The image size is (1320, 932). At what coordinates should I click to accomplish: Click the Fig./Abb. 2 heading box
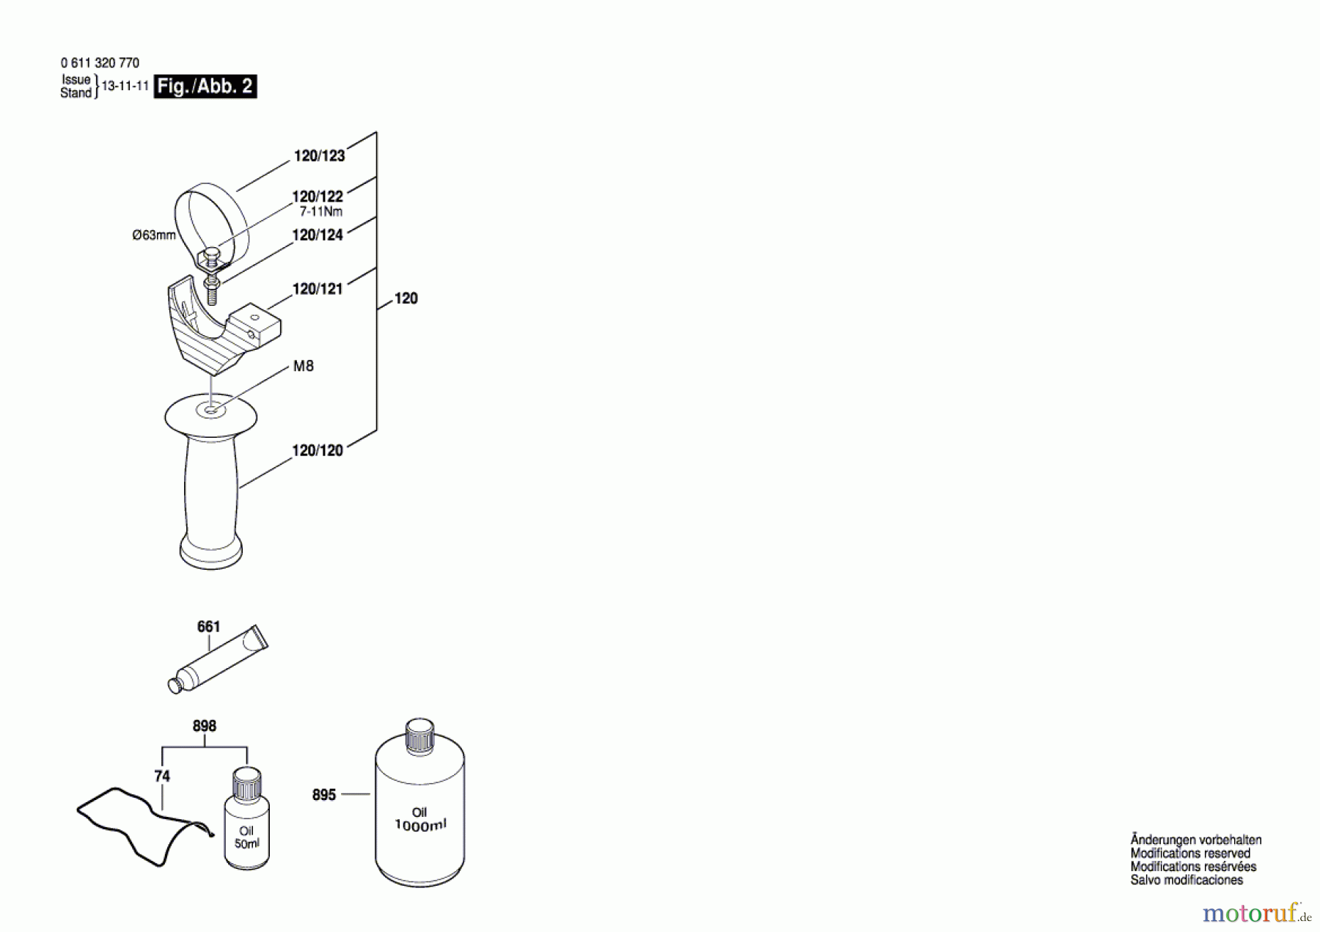click(205, 87)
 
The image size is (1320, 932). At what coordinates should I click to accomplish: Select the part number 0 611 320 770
click(100, 63)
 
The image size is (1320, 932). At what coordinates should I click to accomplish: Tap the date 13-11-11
click(125, 86)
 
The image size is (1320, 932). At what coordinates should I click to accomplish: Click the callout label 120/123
click(319, 155)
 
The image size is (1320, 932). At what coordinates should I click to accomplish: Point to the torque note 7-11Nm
click(320, 212)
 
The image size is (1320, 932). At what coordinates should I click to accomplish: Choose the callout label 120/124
click(318, 235)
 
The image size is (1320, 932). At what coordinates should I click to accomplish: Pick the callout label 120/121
click(318, 289)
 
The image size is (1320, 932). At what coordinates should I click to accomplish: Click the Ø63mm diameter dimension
click(154, 235)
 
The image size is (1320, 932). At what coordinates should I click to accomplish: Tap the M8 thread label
click(303, 366)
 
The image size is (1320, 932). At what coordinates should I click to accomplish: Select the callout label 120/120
click(318, 451)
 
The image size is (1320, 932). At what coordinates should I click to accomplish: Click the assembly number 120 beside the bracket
click(406, 298)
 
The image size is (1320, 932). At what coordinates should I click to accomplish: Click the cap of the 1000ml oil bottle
click(419, 735)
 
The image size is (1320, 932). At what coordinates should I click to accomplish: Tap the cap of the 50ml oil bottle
click(246, 782)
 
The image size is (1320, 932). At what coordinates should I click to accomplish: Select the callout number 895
click(324, 795)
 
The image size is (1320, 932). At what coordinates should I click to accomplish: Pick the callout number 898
click(205, 726)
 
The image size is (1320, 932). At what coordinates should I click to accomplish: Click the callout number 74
click(162, 776)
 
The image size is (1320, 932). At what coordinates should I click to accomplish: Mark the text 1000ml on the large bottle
click(420, 825)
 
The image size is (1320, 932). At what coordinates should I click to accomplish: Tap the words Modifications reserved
click(1190, 854)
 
